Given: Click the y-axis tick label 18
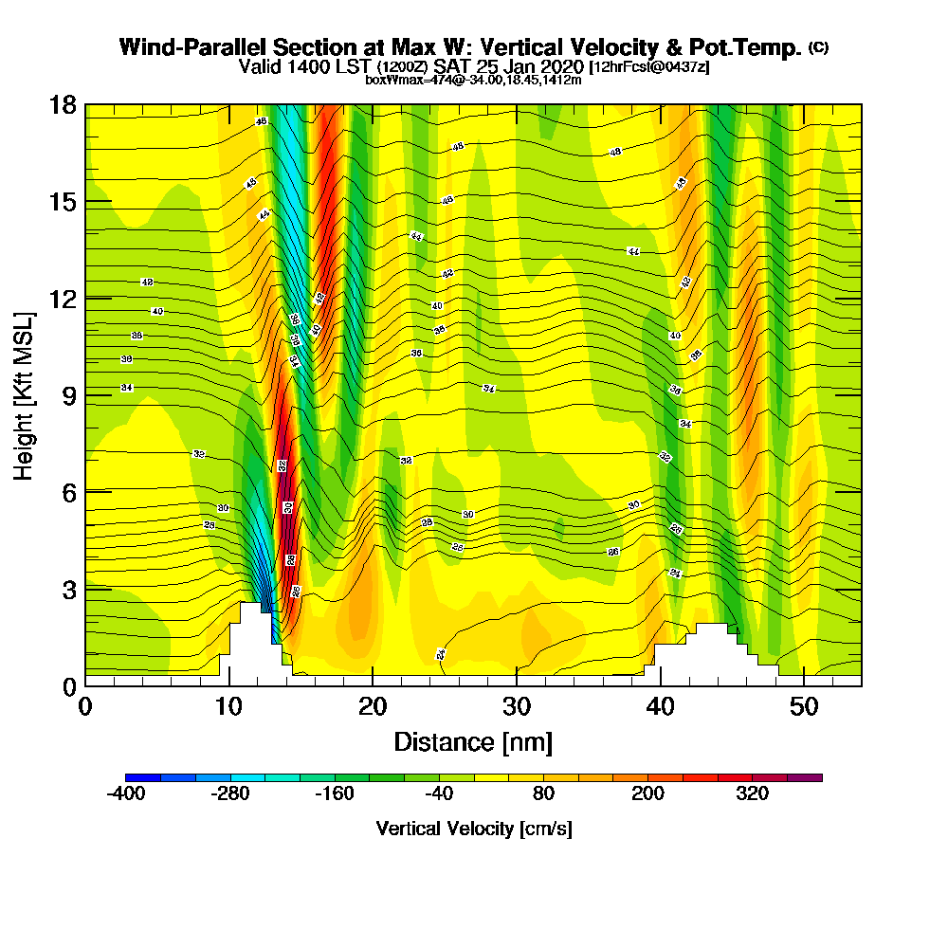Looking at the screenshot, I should (x=63, y=104).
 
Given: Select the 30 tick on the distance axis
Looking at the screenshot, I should (x=517, y=707).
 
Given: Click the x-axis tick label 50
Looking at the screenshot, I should (x=804, y=707).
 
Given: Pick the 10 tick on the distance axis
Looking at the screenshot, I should (x=228, y=707).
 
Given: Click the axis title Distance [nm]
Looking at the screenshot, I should (x=473, y=741).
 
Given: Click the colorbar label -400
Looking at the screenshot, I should (x=125, y=794).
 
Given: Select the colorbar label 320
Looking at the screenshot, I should (x=753, y=794).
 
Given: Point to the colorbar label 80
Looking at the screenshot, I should (x=543, y=794).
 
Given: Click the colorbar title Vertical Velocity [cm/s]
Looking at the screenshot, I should (x=474, y=829).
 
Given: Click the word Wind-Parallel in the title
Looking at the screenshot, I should (x=186, y=47).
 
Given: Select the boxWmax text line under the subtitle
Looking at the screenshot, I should (x=473, y=80).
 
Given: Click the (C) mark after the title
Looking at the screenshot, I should (x=818, y=46).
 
